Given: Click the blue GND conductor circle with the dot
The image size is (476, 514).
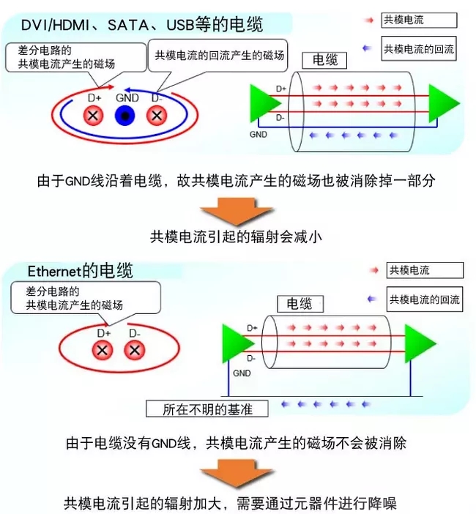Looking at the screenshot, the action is [x=125, y=116].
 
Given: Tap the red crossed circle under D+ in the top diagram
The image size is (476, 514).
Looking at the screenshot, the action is [x=93, y=116].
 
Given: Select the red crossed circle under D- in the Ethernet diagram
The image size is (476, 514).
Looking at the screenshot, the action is [x=135, y=350].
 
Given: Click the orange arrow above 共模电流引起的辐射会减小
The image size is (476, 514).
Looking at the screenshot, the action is [x=236, y=212].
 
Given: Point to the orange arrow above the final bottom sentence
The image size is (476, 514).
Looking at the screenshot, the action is [x=236, y=474].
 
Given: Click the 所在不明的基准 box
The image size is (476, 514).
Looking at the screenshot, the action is [x=207, y=409].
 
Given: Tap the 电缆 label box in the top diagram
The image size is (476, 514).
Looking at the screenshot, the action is [x=324, y=60].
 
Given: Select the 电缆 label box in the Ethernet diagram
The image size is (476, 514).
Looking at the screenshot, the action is [x=300, y=304].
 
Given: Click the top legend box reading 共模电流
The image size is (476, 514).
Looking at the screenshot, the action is [x=419, y=21].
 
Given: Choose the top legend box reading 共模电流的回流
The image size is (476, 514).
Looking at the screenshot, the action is [x=419, y=48].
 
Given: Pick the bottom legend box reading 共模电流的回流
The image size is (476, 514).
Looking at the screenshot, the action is [x=425, y=299].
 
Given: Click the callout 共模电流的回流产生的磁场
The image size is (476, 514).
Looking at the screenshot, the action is [x=217, y=56].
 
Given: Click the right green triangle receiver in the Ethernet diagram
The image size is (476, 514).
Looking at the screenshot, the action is [x=420, y=343].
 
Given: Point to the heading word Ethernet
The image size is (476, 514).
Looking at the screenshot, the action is [x=54, y=271].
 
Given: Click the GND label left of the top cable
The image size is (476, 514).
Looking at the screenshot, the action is [x=258, y=135].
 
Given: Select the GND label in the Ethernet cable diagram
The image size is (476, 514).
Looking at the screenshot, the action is [x=242, y=373].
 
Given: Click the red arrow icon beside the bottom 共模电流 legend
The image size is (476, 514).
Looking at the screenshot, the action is [x=373, y=270].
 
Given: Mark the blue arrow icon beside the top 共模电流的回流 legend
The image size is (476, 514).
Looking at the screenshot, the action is [x=367, y=48].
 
